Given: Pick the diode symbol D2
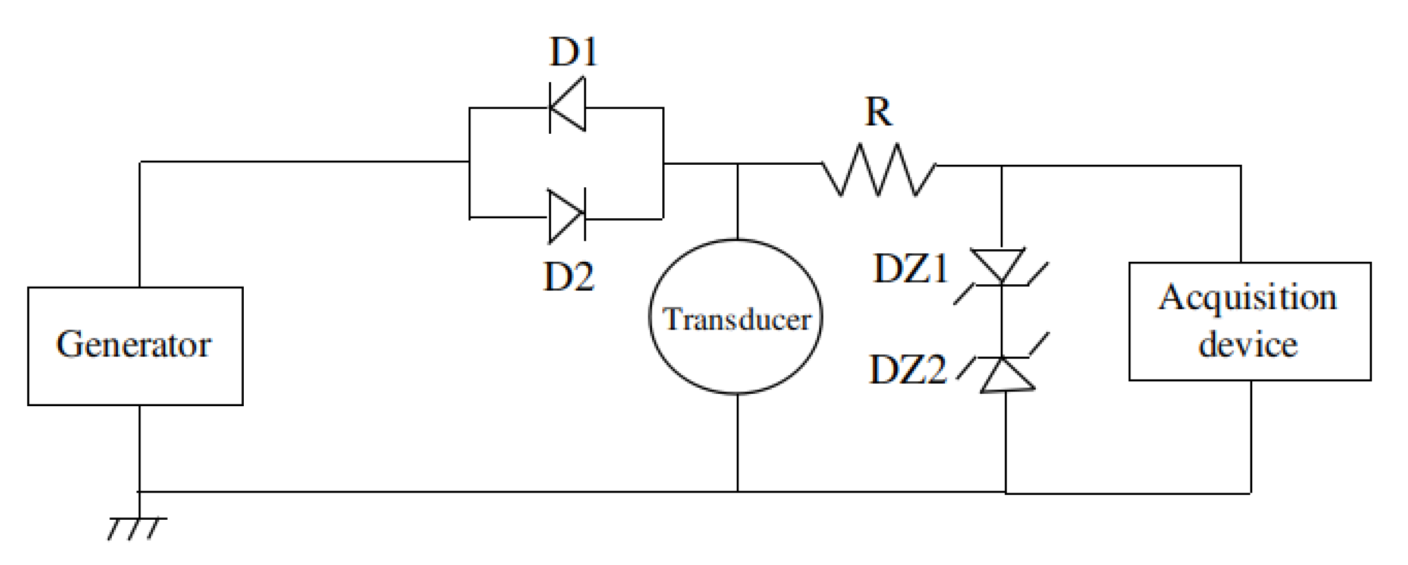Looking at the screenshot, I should point(566,216).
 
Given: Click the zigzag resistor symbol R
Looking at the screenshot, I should point(878,170).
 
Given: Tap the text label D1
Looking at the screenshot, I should point(573,52).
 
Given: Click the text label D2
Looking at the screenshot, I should point(568,277).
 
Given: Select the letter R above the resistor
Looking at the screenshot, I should point(878,111).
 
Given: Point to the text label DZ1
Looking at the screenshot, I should point(910,269).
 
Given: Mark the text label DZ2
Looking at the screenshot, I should point(907,370).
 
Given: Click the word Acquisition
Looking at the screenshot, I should point(1247,298).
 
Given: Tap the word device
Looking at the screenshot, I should point(1247,345).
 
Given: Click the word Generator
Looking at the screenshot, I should point(134,344).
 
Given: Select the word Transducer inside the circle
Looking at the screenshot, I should point(736,319).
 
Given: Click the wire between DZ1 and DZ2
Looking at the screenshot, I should point(1002,321).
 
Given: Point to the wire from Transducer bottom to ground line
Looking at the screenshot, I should point(737,443).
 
